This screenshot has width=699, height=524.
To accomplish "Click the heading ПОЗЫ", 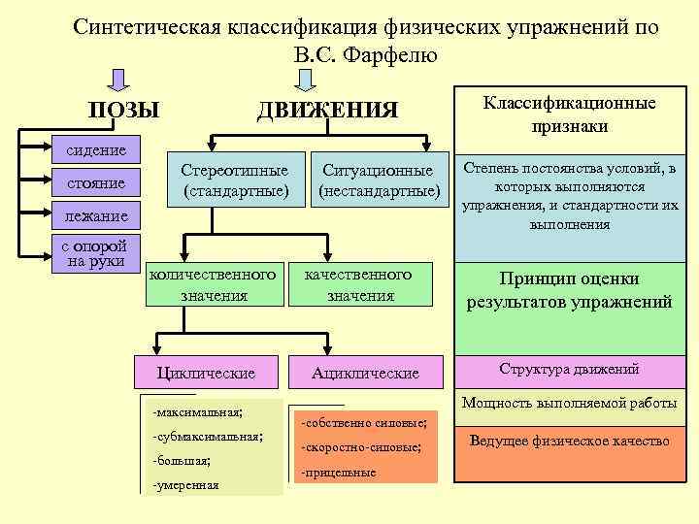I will click(x=123, y=111).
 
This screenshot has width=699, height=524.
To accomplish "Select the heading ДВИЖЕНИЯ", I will click(x=327, y=111).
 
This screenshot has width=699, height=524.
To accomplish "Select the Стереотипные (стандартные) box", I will click(x=235, y=180).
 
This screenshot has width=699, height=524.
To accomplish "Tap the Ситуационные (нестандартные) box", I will click(x=380, y=180).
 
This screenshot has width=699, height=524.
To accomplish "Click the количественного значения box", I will click(x=214, y=284).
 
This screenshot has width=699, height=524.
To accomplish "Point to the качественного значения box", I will click(x=360, y=284).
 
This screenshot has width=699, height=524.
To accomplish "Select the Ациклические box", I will click(x=365, y=373).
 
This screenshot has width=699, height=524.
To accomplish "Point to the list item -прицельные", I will click(x=339, y=473).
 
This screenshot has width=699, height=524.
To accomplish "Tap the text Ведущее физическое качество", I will click(x=570, y=442).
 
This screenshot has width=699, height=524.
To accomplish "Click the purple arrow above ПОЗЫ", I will click(x=116, y=79).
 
